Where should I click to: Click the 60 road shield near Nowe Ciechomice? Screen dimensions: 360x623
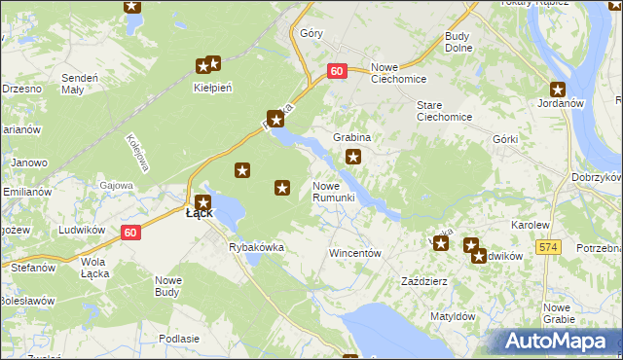pyautogui.click(x=337, y=71)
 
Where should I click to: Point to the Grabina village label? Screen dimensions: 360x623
pyautogui.click(x=352, y=138)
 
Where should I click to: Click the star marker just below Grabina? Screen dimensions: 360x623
pyautogui.click(x=353, y=157)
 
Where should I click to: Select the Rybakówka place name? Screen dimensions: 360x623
pyautogui.click(x=256, y=247)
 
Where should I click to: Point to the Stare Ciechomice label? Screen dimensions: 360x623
pyautogui.click(x=444, y=110)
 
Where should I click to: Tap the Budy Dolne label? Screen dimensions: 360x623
pyautogui.click(x=458, y=42)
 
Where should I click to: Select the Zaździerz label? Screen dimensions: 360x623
pyautogui.click(x=424, y=281)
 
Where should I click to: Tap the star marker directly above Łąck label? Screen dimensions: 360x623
pyautogui.click(x=202, y=202)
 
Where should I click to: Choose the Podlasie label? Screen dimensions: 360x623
pyautogui.click(x=178, y=338)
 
